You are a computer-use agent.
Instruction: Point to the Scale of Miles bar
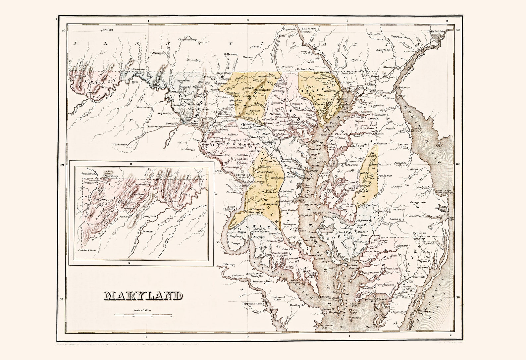(143, 314)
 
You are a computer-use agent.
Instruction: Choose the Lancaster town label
(309, 29)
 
